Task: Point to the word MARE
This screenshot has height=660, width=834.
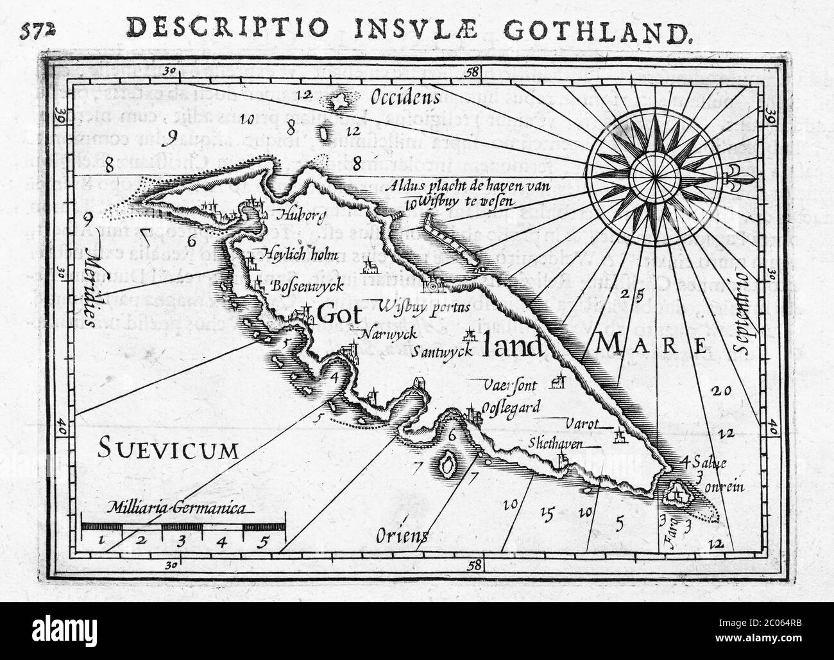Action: point(651,346)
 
